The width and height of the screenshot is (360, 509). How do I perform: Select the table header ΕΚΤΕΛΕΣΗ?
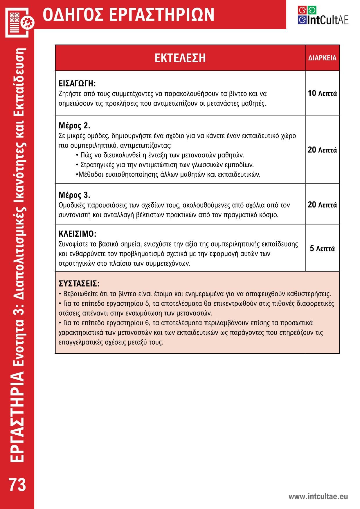pos(180,58)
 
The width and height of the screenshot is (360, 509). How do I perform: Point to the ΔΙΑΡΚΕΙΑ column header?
pos(322,58)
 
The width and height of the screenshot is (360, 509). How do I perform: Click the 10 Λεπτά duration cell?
pos(322,93)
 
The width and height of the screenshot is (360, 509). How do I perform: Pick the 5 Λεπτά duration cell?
pos(322,249)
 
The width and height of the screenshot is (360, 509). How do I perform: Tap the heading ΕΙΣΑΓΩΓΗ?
pos(77,84)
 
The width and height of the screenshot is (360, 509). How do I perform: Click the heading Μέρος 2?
pos(74,126)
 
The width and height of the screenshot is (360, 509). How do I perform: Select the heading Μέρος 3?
pos(74,195)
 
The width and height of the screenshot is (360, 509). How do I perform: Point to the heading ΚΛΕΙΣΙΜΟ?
pos(77,234)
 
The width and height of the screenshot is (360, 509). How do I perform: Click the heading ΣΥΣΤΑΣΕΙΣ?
pos(79,283)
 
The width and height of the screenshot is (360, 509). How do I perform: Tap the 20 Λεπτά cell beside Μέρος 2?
pos(322,150)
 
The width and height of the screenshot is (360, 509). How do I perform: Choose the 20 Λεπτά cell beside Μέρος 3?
pos(322,205)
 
